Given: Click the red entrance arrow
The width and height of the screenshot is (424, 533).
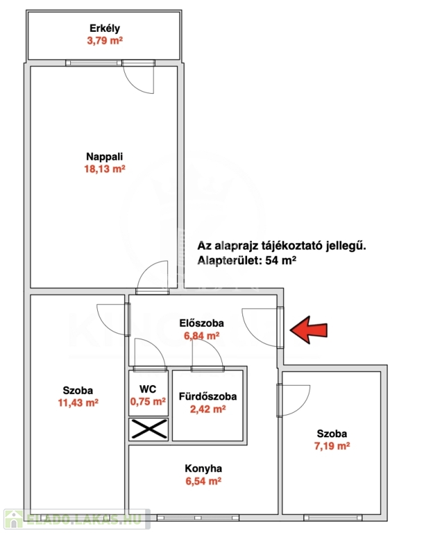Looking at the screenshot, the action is click(x=309, y=330).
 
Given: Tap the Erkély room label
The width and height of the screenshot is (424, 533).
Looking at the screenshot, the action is click(x=105, y=28).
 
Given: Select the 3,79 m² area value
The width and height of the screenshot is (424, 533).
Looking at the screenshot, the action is click(x=105, y=41).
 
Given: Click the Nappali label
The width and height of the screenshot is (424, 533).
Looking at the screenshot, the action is click(x=104, y=157).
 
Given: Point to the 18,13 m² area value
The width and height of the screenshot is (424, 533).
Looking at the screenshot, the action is click(x=105, y=169).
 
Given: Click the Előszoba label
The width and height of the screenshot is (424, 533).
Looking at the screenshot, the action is click(x=202, y=323).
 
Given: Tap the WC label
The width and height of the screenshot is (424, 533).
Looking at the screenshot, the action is click(x=148, y=389).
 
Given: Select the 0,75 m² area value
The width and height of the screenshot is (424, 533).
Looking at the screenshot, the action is click(x=148, y=401).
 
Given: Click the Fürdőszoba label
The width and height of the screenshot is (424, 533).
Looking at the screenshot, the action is click(x=207, y=396).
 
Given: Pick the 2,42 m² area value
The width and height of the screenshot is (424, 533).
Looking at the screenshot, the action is click(x=207, y=409).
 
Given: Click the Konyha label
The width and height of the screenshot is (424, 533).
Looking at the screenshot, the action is click(x=203, y=468).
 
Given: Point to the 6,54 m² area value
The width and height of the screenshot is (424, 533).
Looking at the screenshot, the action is click(x=203, y=481).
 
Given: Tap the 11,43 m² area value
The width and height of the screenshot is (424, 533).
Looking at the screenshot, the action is click(x=78, y=403).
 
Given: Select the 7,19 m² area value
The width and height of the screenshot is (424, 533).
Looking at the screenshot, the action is click(x=332, y=446).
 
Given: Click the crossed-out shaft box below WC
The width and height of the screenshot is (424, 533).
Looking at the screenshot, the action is click(x=149, y=429).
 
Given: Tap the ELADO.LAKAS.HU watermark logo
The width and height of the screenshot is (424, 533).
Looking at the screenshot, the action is click(x=76, y=519).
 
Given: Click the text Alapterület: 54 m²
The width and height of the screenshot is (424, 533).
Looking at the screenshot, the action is click(x=247, y=260).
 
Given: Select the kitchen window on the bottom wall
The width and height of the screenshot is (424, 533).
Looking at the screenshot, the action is click(x=198, y=518).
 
